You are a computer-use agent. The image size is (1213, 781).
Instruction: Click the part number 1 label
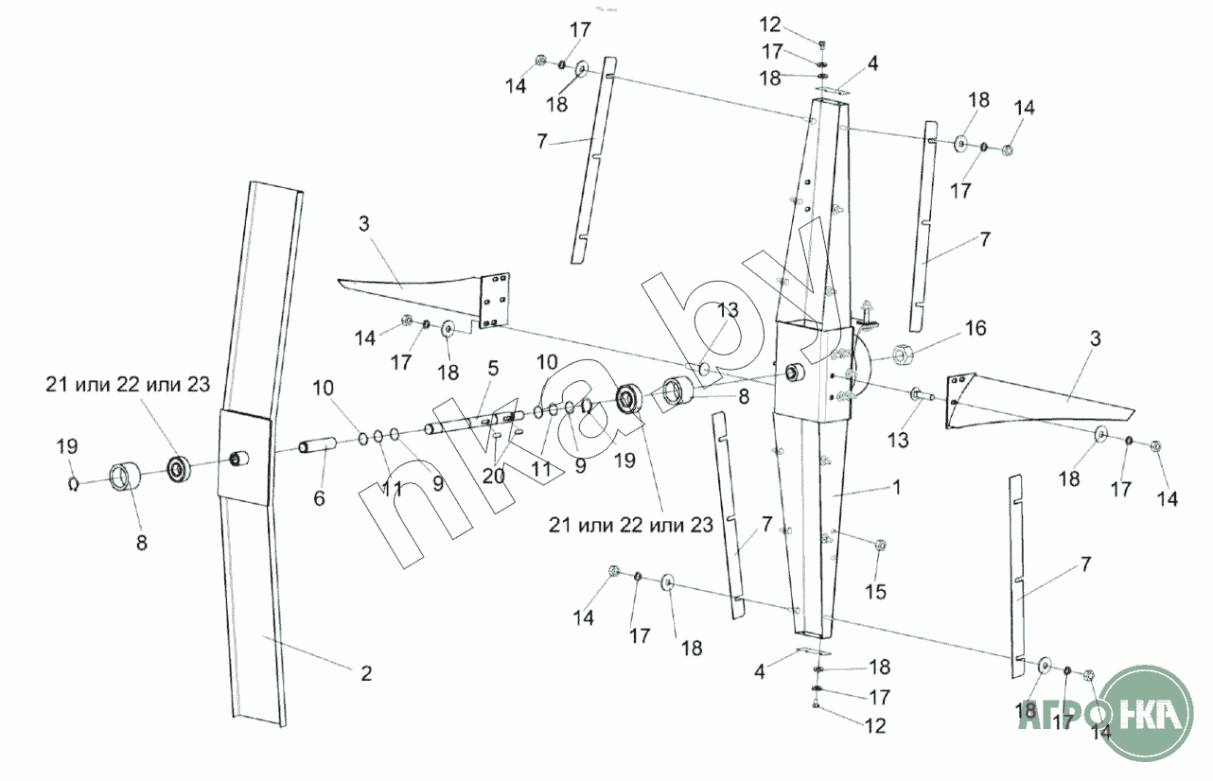(x=897, y=488)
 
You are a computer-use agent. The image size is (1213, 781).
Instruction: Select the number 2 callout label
(x=365, y=673)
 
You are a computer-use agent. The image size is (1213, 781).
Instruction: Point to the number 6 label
(x=320, y=497)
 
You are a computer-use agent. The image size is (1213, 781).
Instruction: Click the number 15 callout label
(x=875, y=593)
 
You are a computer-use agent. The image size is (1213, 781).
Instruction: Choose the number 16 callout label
(x=975, y=329)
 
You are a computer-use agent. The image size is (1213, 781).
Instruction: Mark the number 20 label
(x=493, y=476)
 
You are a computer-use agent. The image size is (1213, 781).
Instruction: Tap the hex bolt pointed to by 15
(x=879, y=546)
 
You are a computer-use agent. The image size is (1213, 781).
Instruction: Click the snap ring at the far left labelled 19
(x=72, y=484)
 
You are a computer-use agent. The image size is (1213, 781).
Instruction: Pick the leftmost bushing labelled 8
(x=124, y=476)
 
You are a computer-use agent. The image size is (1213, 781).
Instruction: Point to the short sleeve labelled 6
(x=319, y=444)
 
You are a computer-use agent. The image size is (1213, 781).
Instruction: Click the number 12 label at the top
(x=771, y=23)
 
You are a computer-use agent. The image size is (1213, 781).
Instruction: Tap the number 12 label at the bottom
(x=874, y=726)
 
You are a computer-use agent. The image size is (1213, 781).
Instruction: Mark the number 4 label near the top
(x=872, y=64)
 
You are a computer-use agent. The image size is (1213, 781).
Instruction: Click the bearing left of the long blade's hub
(x=180, y=466)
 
